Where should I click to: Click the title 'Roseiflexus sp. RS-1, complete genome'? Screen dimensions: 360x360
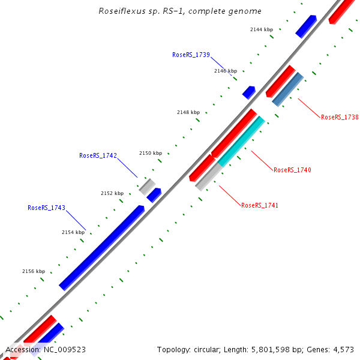click(x=180, y=11)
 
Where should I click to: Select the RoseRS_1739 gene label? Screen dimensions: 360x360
click(x=191, y=55)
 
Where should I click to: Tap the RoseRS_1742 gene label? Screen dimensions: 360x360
click(x=98, y=155)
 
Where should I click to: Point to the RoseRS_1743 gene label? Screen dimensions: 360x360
click(x=46, y=208)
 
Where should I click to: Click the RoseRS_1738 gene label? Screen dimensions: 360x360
click(x=340, y=118)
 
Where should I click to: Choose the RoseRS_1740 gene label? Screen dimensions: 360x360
click(x=292, y=170)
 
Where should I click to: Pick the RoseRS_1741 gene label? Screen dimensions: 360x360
click(x=260, y=205)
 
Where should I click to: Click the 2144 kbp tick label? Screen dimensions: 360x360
click(x=261, y=29)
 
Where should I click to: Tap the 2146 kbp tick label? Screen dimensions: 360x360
click(x=226, y=71)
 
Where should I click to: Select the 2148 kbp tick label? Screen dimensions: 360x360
click(x=188, y=112)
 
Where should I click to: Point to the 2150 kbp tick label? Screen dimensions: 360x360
click(x=151, y=153)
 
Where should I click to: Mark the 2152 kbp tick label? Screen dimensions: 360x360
click(x=112, y=193)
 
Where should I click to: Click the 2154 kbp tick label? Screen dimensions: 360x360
click(x=73, y=232)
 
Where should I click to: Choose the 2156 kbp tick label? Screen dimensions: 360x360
click(x=34, y=271)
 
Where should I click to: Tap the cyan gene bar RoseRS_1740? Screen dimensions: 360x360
click(x=241, y=142)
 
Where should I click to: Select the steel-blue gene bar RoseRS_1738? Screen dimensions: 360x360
click(x=287, y=89)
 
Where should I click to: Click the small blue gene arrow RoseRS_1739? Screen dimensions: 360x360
click(x=248, y=92)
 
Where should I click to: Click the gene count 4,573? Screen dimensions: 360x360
click(x=345, y=349)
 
